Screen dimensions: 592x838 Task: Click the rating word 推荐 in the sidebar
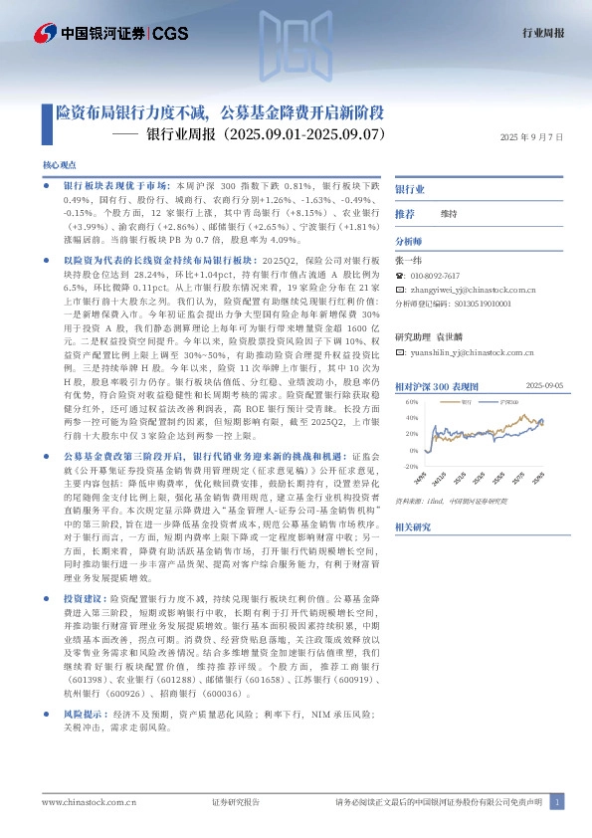click(404, 214)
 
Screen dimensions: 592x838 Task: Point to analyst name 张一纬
click(409, 259)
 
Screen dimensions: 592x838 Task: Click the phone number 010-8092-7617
click(436, 276)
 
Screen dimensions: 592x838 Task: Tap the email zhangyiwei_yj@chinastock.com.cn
click(474, 291)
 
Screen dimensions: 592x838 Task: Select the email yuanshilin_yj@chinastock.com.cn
click(474, 352)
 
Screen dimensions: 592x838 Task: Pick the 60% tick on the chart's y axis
click(412, 402)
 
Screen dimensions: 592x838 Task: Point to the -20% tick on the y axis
click(411, 466)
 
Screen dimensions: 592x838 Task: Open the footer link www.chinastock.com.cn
click(82, 802)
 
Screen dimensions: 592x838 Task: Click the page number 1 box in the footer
click(558, 802)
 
